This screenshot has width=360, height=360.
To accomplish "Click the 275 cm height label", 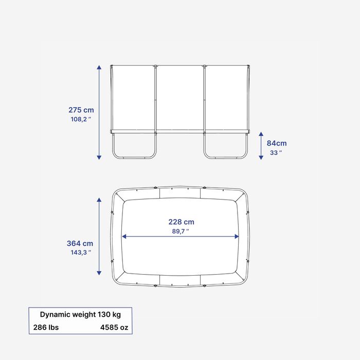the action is point(81,110).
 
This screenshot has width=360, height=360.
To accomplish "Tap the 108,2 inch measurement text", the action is point(81,119).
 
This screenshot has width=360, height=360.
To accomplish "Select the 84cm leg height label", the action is point(277,143).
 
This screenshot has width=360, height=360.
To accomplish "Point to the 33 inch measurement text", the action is point(276,153).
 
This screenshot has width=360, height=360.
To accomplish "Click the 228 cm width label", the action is point(182,222).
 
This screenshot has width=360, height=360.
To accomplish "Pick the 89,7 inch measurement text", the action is point(181,231).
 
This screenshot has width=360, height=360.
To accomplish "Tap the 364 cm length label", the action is point(80,243).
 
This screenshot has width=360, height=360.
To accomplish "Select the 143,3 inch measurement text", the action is point(81,253).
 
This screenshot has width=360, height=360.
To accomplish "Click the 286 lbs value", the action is point(46,327).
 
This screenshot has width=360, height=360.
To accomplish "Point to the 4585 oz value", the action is point(114,327).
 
